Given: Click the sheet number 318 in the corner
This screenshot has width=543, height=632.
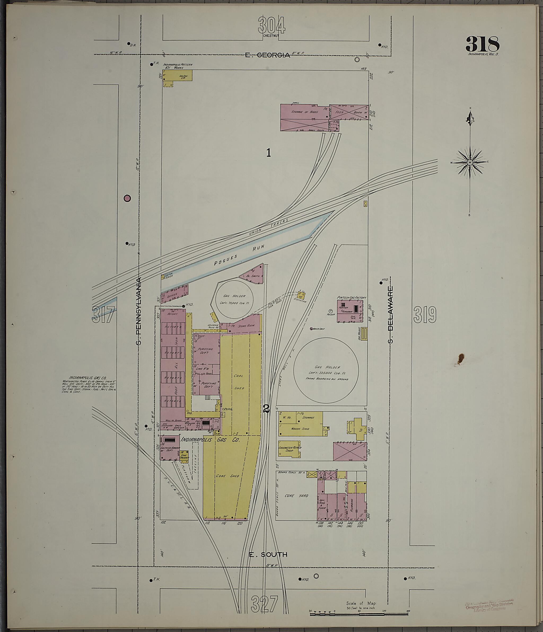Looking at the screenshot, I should (x=482, y=44).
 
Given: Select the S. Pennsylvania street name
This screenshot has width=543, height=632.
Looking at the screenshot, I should (x=139, y=311).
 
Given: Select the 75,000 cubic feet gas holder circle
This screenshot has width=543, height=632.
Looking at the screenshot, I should (x=230, y=299).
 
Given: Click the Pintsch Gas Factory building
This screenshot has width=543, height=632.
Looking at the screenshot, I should (x=351, y=311).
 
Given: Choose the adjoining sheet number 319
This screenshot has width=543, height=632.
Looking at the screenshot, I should (x=424, y=315).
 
